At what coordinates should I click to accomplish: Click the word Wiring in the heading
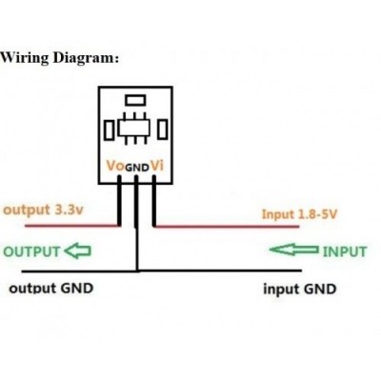pos(24,58)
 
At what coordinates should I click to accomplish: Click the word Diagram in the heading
pos(84,58)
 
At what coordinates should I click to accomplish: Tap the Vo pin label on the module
pos(115,166)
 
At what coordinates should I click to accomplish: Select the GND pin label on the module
pos(137,168)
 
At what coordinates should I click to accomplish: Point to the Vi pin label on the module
pos(157,166)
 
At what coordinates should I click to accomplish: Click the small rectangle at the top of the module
pos(135,100)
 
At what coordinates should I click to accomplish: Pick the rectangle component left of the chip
pos(109,130)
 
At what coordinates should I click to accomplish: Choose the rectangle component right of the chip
pos(163,129)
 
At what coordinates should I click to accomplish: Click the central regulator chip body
pos(133,129)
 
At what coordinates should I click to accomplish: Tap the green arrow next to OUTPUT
pos(78,251)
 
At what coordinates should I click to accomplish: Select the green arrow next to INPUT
pos(294,250)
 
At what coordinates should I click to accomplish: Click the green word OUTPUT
pos(31,251)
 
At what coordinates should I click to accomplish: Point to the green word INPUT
pos(345,251)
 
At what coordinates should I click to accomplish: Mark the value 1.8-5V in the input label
pos(317,214)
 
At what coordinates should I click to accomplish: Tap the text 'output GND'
pos(51,289)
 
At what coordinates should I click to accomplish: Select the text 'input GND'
pos(300,290)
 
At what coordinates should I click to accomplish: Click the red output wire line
pos(71,226)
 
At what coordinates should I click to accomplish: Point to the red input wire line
pos(228,227)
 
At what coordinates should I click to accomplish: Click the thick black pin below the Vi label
pos(154,201)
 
